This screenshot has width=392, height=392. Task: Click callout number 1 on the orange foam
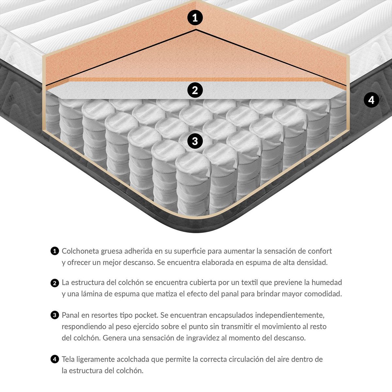tap(195, 18)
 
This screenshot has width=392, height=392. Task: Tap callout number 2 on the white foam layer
tap(195, 90)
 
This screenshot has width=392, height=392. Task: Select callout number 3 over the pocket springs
tap(195, 141)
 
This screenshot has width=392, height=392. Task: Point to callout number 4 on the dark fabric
tap(371, 100)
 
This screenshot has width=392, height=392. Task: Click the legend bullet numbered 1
tap(55, 251)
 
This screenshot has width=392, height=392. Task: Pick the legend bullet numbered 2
tap(55, 283)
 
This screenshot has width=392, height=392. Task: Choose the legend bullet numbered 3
tap(55, 316)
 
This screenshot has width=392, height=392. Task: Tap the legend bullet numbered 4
tap(55, 359)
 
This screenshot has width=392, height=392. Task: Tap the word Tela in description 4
tap(68, 359)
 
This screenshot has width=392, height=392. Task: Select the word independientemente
tap(290, 316)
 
